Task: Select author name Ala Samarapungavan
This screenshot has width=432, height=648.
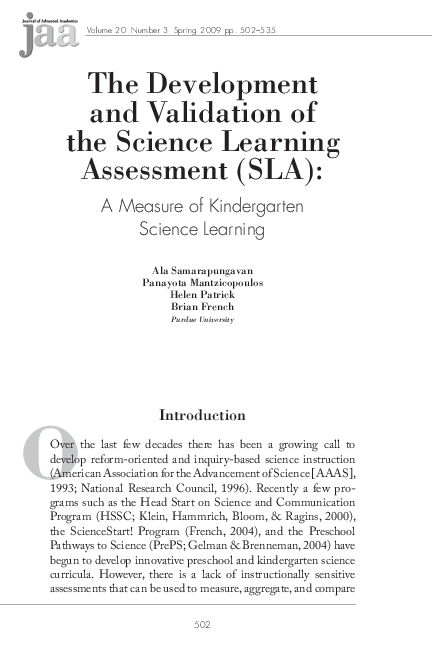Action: pos(216,270)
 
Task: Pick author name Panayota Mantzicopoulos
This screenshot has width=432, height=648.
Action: pos(216,282)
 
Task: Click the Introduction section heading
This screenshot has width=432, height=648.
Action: pos(216,415)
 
